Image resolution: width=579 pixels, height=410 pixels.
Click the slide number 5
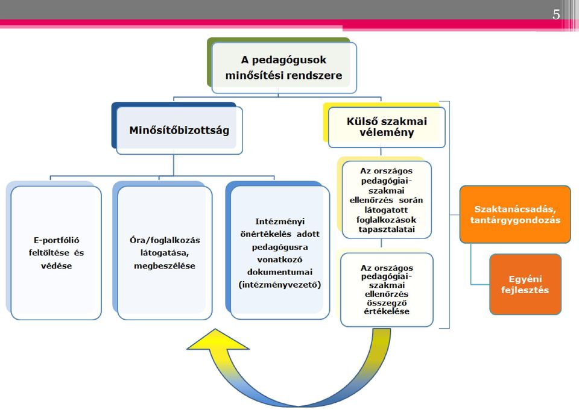click(556, 14)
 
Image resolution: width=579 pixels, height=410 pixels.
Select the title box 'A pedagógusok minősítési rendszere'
click(283, 67)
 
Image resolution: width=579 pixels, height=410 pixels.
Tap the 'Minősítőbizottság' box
click(180, 130)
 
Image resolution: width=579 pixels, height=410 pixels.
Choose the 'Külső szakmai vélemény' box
click(387, 127)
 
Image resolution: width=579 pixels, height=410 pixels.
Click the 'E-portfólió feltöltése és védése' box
click(56, 253)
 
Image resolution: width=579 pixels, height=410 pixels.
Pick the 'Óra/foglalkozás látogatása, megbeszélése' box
click(165, 253)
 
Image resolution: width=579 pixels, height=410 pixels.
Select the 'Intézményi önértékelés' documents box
click(280, 253)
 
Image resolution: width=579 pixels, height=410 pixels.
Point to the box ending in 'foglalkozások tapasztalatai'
click(387, 200)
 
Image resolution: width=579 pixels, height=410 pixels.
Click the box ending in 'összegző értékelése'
click(387, 290)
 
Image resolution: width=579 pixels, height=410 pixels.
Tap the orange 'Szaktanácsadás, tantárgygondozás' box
click(515, 214)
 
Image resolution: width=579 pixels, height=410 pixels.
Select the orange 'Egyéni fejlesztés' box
click(525, 284)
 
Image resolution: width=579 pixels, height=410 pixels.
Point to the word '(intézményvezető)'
click(280, 285)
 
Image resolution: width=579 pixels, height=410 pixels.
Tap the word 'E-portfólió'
click(57, 240)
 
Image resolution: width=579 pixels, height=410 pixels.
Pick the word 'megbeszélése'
click(165, 266)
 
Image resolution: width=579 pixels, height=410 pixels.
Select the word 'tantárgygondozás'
click(515, 220)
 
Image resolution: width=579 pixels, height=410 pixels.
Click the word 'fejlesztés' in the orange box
click(525, 290)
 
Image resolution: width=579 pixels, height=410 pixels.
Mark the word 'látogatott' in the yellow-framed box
click(386, 210)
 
